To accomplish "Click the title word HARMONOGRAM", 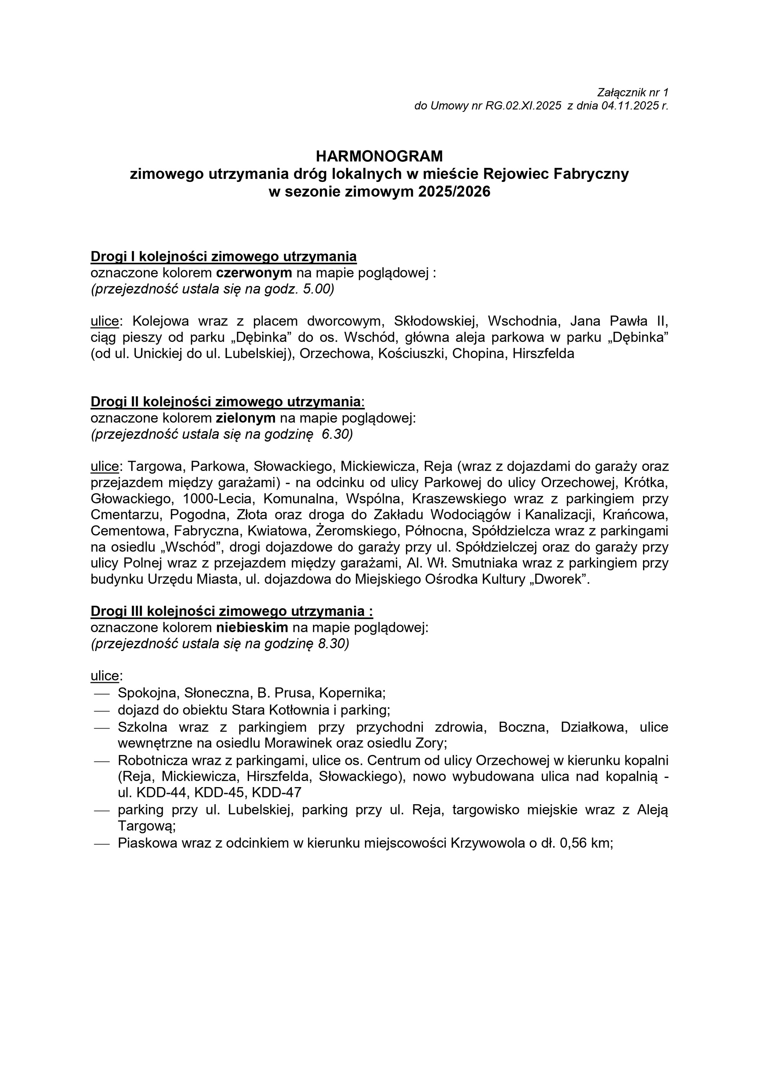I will click(x=379, y=156).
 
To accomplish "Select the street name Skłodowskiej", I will click(x=436, y=321).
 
